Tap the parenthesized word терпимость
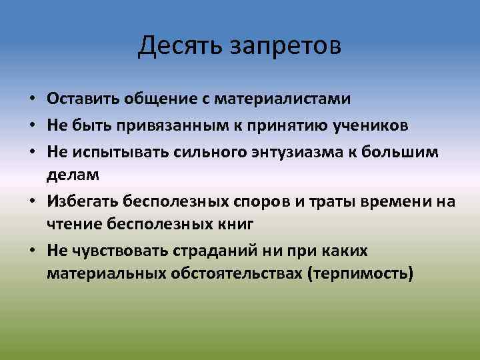[361, 274]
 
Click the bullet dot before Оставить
[32, 100]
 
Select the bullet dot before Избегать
[32, 202]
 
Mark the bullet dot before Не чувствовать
[32, 251]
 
